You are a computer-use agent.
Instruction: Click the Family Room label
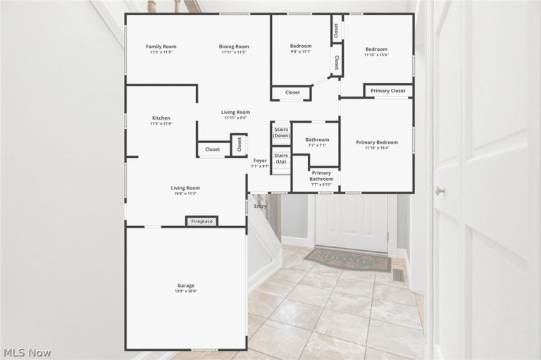161,46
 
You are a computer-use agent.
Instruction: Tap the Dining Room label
234,46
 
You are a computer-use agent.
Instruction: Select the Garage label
186,285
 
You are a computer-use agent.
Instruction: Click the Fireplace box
202,221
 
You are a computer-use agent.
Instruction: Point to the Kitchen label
161,118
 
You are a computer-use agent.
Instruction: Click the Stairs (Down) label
281,132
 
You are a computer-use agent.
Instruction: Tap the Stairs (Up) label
281,159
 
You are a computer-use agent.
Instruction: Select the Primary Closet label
388,91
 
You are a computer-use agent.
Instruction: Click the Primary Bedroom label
377,142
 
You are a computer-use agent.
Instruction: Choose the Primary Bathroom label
321,176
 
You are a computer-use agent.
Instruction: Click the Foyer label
260,161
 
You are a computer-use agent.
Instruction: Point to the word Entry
260,206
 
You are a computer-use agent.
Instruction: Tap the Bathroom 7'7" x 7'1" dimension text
317,145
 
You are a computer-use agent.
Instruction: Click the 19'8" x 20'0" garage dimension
186,292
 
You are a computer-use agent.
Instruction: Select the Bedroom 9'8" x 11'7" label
301,49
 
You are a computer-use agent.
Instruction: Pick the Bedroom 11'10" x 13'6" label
376,51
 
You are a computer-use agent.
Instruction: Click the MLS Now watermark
27,353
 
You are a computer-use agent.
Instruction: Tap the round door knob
440,190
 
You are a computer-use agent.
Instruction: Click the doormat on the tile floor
348,259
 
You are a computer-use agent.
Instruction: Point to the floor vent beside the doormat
399,275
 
